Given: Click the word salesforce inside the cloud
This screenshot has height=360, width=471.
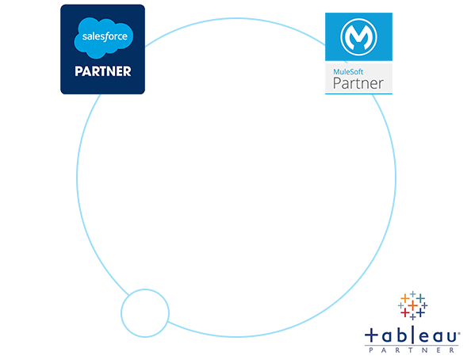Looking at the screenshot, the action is pyautogui.click(x=105, y=36).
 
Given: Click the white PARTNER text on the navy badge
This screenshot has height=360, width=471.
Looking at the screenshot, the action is pyautogui.click(x=103, y=71).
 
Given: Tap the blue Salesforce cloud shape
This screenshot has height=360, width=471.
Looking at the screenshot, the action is pyautogui.click(x=104, y=37).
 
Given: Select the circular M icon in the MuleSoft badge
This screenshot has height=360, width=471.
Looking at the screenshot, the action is pyautogui.click(x=358, y=37).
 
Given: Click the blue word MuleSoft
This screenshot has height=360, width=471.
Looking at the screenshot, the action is pyautogui.click(x=348, y=72).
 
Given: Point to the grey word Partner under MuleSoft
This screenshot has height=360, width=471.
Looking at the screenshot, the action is pyautogui.click(x=358, y=83).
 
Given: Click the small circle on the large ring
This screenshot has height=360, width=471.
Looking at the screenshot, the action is pyautogui.click(x=145, y=313).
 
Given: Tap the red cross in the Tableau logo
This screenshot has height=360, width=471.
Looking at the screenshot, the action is pyautogui.click(x=405, y=312).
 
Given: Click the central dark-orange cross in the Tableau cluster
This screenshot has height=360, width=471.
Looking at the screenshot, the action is pyautogui.click(x=413, y=305).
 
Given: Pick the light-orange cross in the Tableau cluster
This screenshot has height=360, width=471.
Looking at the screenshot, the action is pyautogui.click(x=405, y=298).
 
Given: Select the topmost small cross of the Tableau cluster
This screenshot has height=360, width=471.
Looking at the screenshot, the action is pyautogui.click(x=413, y=294).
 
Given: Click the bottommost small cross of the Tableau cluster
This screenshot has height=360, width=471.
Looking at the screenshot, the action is pyautogui.click(x=413, y=317).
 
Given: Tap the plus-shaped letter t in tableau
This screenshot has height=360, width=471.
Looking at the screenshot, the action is pyautogui.click(x=371, y=335).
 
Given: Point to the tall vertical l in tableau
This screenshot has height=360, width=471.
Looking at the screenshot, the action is pyautogui.click(x=412, y=334).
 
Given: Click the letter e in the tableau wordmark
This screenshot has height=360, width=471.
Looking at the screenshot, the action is pyautogui.click(x=424, y=336).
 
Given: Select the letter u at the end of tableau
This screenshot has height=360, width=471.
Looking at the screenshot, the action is pyautogui.click(x=451, y=337).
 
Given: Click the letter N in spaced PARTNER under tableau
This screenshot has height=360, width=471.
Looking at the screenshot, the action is pyautogui.click(x=425, y=350).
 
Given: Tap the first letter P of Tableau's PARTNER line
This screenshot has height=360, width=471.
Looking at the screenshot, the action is pyautogui.click(x=371, y=350).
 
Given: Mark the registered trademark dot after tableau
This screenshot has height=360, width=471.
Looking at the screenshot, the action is pyautogui.click(x=458, y=332).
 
